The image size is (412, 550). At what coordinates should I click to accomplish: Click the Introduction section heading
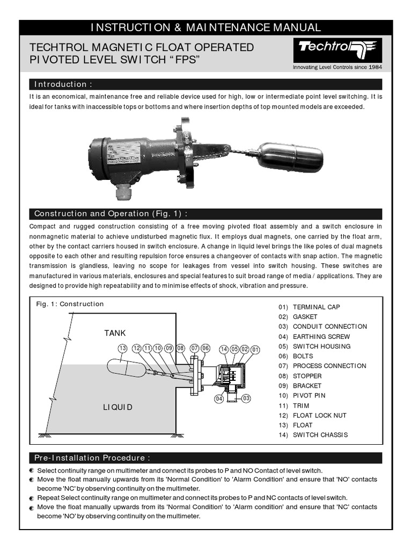tap(63, 84)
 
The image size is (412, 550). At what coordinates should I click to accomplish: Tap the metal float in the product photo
tap(291, 157)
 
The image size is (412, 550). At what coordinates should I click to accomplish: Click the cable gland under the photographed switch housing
tap(124, 191)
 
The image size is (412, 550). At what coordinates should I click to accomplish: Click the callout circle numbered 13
tap(122, 349)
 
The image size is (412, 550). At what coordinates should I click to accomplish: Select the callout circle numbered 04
tap(219, 399)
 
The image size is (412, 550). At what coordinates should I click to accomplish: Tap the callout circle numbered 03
tap(246, 399)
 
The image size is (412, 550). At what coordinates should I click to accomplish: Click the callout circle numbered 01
tap(255, 349)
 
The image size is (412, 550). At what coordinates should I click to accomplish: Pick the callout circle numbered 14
tap(224, 349)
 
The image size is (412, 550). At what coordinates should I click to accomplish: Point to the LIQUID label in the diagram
tap(117, 407)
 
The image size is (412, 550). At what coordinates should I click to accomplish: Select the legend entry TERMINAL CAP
tap(316, 307)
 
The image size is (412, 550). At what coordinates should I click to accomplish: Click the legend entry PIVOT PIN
tap(309, 395)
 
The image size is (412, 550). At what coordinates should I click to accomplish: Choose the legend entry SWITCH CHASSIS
tap(320, 435)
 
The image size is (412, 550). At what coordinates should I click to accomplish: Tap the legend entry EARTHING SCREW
tap(321, 336)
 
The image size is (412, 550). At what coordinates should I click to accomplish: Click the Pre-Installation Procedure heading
tap(92, 458)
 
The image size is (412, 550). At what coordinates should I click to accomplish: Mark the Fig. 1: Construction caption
tap(70, 304)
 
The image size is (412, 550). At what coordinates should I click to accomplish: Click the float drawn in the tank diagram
tap(126, 368)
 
